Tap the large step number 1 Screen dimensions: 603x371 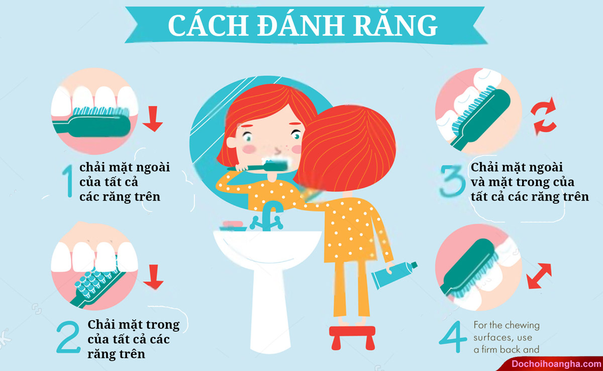point(68,181)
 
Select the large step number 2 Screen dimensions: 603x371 point(68,336)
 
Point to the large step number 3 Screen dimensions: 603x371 point(452,181)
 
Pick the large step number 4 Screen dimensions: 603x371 point(453,337)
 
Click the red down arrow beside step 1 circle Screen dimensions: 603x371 point(153,119)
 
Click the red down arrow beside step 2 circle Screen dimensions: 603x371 point(153,277)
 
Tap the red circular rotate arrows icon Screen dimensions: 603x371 point(544,116)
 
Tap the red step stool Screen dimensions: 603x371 point(352,337)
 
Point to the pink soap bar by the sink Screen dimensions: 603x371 point(233,224)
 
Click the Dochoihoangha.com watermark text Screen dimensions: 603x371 point(556,364)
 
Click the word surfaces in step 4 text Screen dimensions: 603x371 point(503,337)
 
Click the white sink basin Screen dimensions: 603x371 point(267,249)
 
